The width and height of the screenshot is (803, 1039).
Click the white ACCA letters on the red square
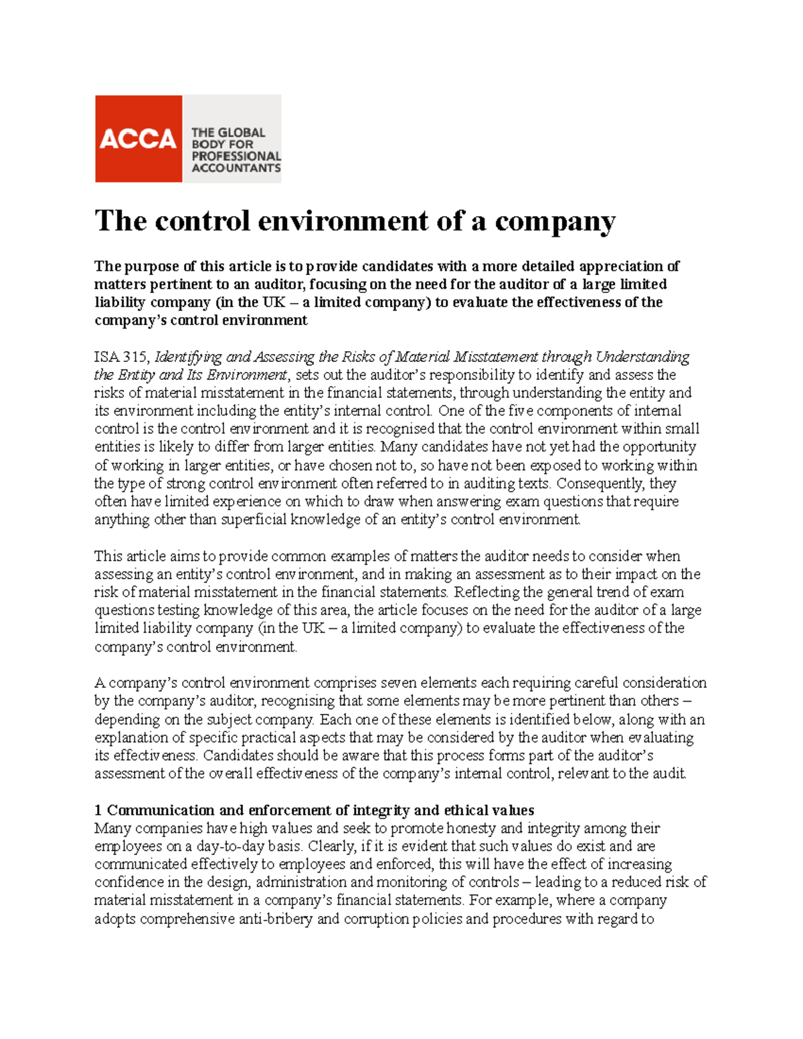tap(138, 139)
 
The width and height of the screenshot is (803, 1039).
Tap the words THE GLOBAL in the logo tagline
tap(228, 132)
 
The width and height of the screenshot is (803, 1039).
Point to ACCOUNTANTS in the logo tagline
tap(236, 168)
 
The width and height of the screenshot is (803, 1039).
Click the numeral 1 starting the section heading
tap(98, 811)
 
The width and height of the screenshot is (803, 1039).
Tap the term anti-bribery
tap(275, 919)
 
